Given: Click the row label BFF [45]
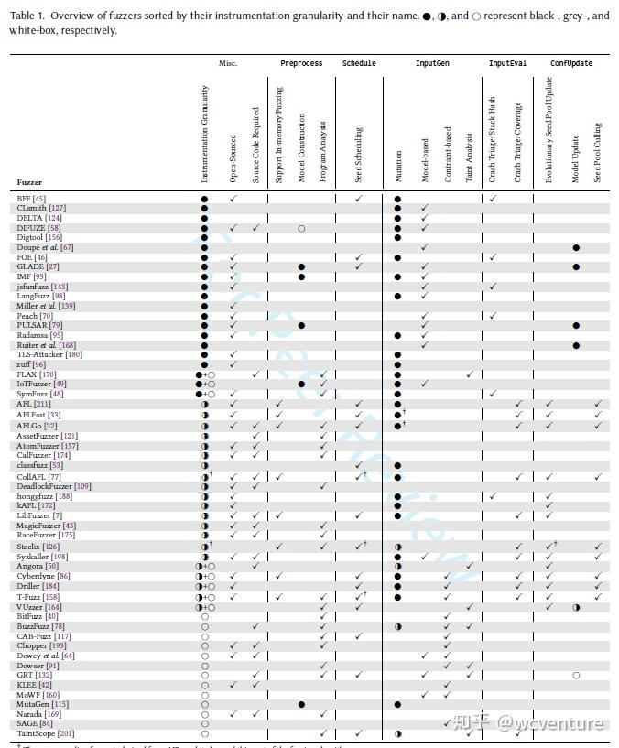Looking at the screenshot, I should (31, 199).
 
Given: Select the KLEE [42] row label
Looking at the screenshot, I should (35, 685).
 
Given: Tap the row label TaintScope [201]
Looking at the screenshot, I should (44, 733).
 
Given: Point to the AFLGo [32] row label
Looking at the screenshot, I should (38, 426).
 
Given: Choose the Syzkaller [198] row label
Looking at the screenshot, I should (42, 557).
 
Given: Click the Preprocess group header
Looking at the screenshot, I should (301, 64).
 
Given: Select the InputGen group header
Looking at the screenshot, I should (432, 64).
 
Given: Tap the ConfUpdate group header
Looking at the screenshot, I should (571, 64).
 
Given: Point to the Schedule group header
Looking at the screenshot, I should (359, 64).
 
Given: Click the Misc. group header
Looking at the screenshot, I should (228, 64).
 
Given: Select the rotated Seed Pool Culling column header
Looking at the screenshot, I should (598, 152).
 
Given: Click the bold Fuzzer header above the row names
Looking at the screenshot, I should (30, 182).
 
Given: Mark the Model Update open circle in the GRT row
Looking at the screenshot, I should (576, 675).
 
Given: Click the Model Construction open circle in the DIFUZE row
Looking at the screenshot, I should (301, 228).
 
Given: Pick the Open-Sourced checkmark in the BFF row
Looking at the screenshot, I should (233, 199).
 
